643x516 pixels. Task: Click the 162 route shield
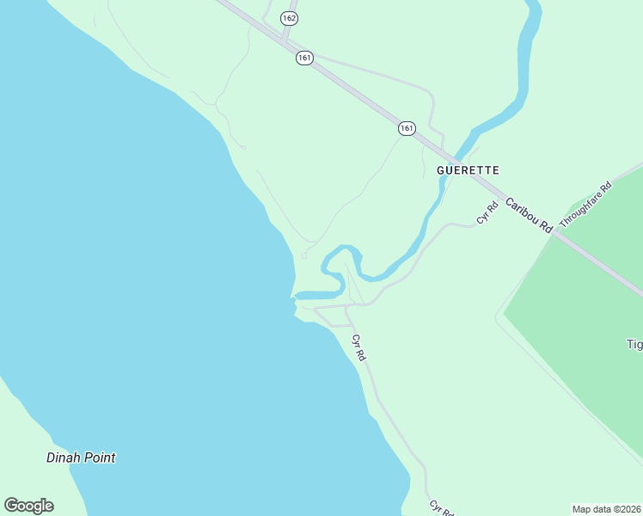tap(289, 17)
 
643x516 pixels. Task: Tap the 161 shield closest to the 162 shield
tap(304, 58)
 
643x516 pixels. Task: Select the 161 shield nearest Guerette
tap(407, 128)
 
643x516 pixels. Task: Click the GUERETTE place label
tap(468, 170)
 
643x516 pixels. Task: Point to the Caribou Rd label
tap(529, 216)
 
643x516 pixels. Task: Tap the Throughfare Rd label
tap(585, 205)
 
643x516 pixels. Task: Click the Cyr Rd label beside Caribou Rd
tap(488, 212)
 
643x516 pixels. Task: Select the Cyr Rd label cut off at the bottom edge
tap(441, 508)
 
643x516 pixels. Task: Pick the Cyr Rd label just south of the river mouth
tap(359, 347)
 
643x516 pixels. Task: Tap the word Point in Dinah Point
tap(100, 458)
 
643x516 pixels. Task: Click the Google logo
tap(28, 506)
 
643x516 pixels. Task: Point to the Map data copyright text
tap(606, 508)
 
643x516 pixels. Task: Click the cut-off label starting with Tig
tap(634, 345)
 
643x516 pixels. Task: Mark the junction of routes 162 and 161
tap(284, 38)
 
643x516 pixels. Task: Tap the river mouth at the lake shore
tap(297, 297)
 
